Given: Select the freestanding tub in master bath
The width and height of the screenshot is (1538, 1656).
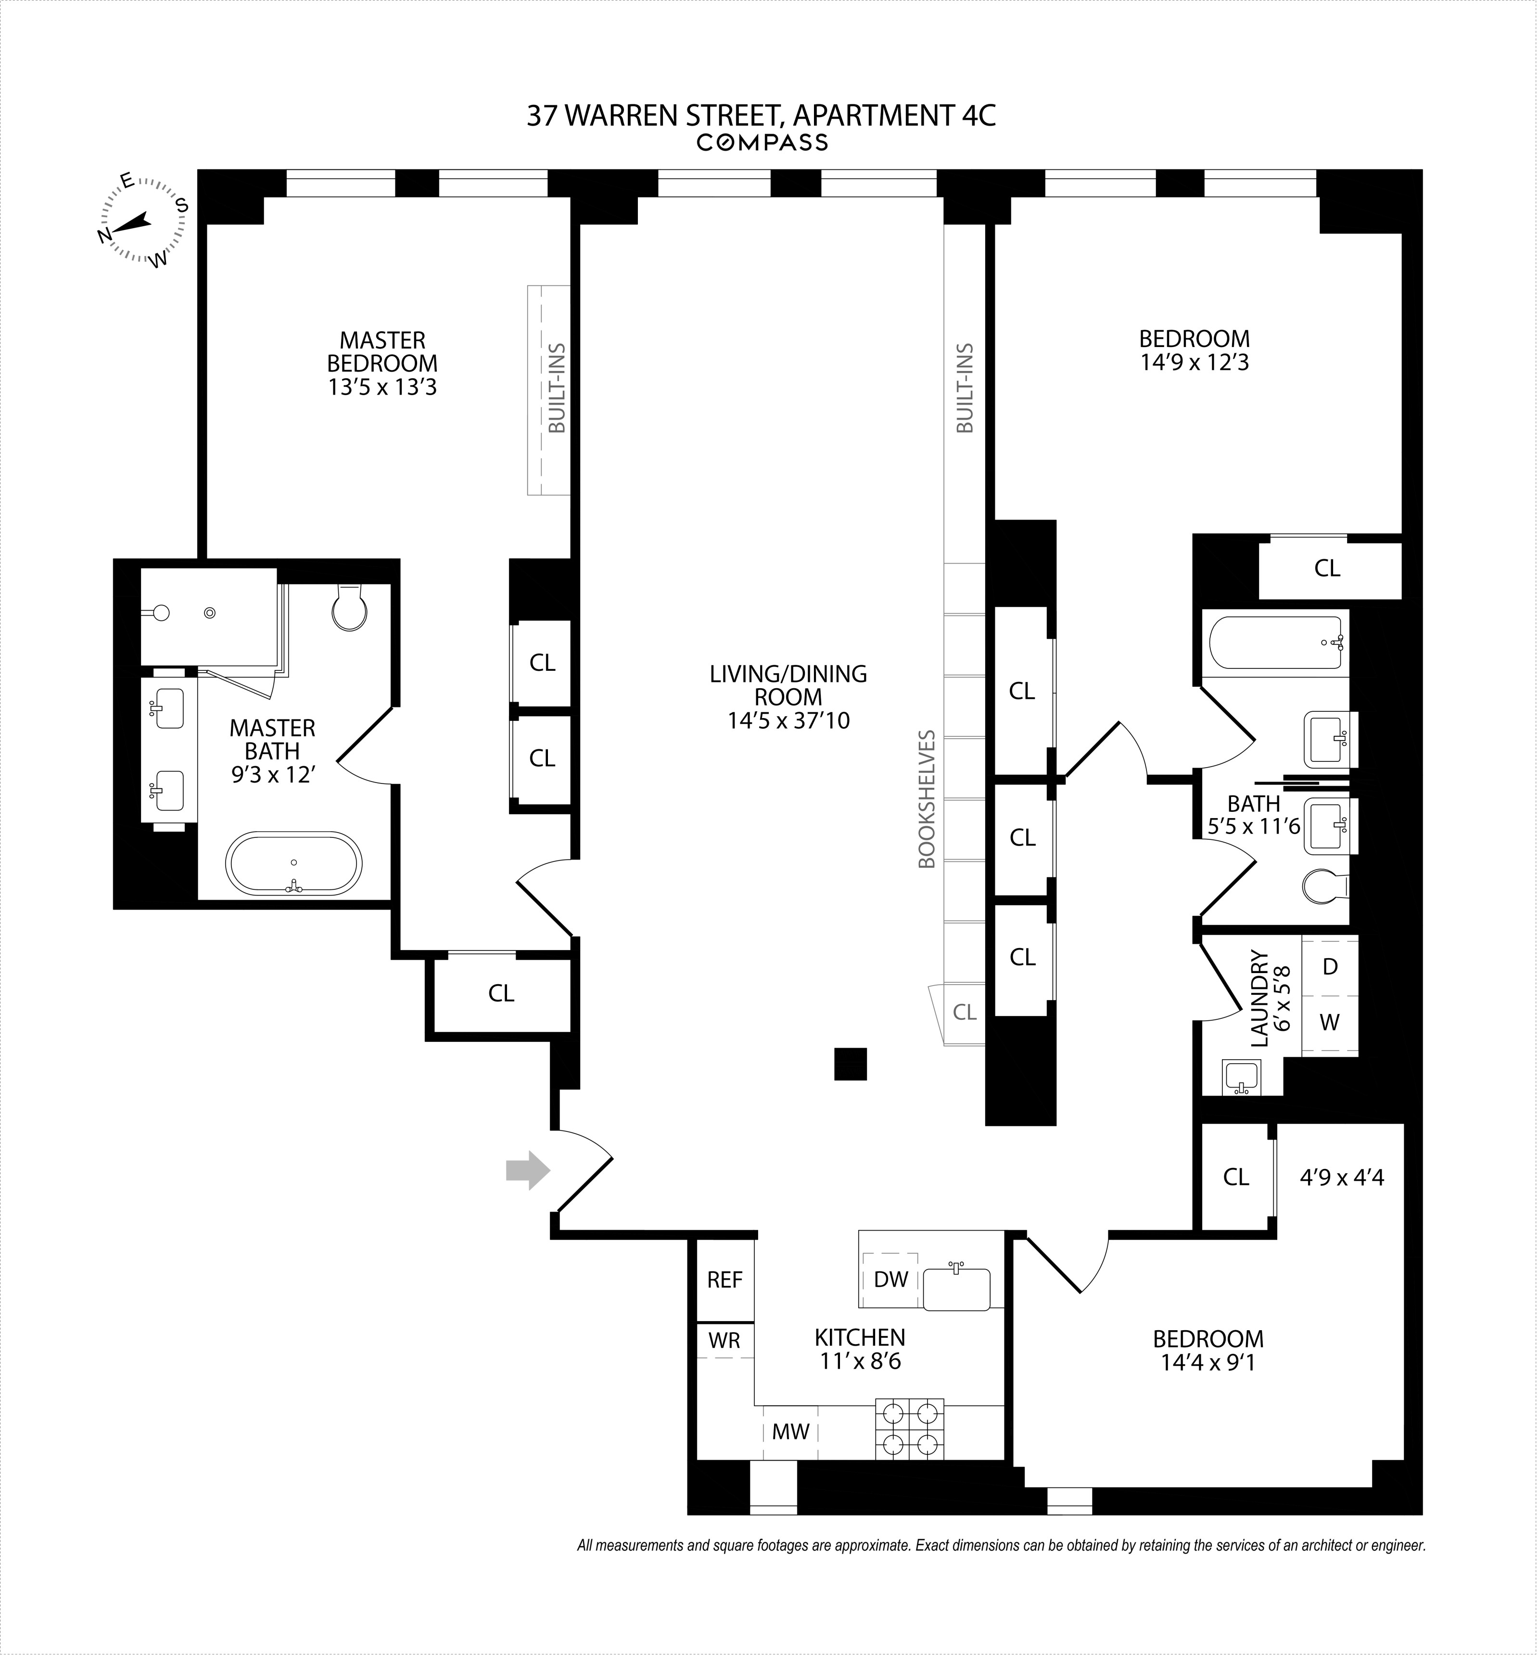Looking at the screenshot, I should coord(294,864).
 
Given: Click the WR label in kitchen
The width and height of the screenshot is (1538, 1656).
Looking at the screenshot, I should coord(724,1340).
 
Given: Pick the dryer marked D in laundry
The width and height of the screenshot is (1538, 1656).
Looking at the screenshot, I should coord(1330,967).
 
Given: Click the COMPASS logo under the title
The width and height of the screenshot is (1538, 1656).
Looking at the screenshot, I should coord(763,143).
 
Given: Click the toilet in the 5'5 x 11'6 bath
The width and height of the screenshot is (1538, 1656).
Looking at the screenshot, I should coord(1323,886).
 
